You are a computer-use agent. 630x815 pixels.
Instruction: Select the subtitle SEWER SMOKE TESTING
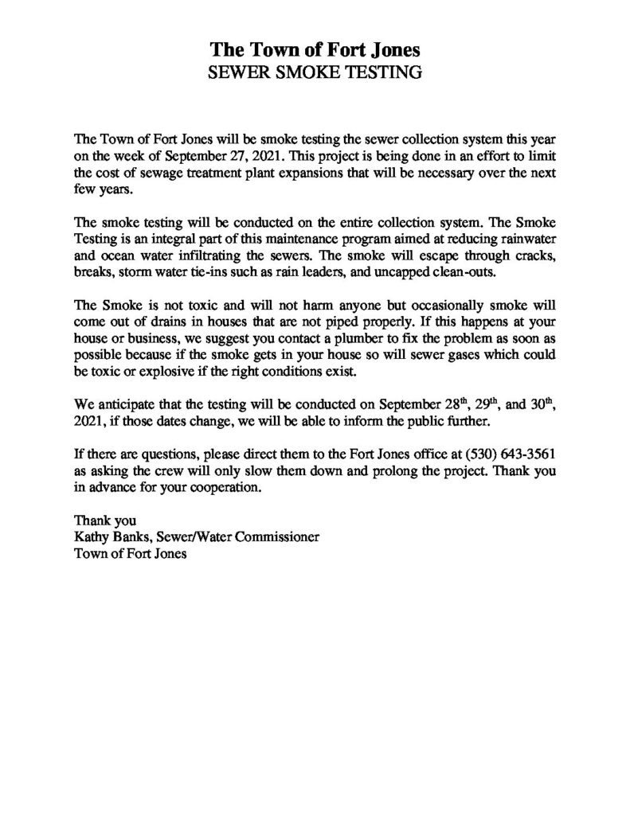point(314,73)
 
